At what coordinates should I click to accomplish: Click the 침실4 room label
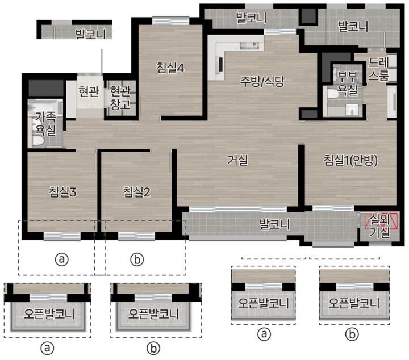170,68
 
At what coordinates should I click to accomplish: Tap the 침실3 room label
62,192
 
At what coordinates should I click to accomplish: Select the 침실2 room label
136,192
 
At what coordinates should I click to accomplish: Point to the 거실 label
237,160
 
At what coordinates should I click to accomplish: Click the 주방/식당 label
262,82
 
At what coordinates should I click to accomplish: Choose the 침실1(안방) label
350,161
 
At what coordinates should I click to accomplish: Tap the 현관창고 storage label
120,98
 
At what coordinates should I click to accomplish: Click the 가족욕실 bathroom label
45,124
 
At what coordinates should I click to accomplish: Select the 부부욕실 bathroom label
347,83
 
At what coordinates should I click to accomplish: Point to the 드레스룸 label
379,69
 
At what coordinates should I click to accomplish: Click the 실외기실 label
379,226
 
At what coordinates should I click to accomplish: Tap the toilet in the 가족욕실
38,141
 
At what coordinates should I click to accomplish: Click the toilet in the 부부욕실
332,94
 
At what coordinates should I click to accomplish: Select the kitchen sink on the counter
249,45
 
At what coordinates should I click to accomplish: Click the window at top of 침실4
170,20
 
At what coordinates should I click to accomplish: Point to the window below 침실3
62,236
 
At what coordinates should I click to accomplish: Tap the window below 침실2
136,236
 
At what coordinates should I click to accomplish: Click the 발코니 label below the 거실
274,224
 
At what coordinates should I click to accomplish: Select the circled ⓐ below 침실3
61,259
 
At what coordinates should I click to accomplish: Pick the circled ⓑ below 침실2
137,259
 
